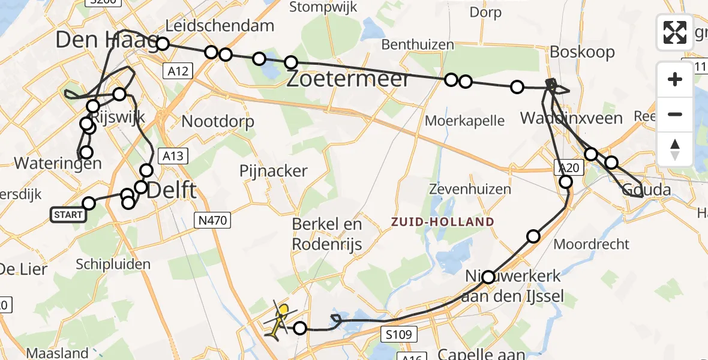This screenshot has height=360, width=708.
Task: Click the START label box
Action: [68, 215]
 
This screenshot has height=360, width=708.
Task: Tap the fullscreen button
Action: [675, 32]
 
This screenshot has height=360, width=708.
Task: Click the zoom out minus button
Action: [675, 114]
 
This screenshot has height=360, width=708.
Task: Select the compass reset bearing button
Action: [675, 149]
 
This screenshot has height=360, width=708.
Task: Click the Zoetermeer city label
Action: [348, 79]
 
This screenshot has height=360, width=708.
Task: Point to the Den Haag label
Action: [106, 40]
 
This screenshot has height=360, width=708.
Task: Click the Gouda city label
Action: [646, 190]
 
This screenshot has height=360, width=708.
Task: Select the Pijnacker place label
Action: [273, 171]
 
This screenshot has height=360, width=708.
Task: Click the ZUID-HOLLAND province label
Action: [443, 222]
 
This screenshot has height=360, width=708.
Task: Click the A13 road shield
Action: [173, 157]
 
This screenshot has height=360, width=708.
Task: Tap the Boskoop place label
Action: [583, 52]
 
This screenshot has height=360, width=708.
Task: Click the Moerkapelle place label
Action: [464, 121]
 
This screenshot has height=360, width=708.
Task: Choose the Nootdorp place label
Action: [218, 121]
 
